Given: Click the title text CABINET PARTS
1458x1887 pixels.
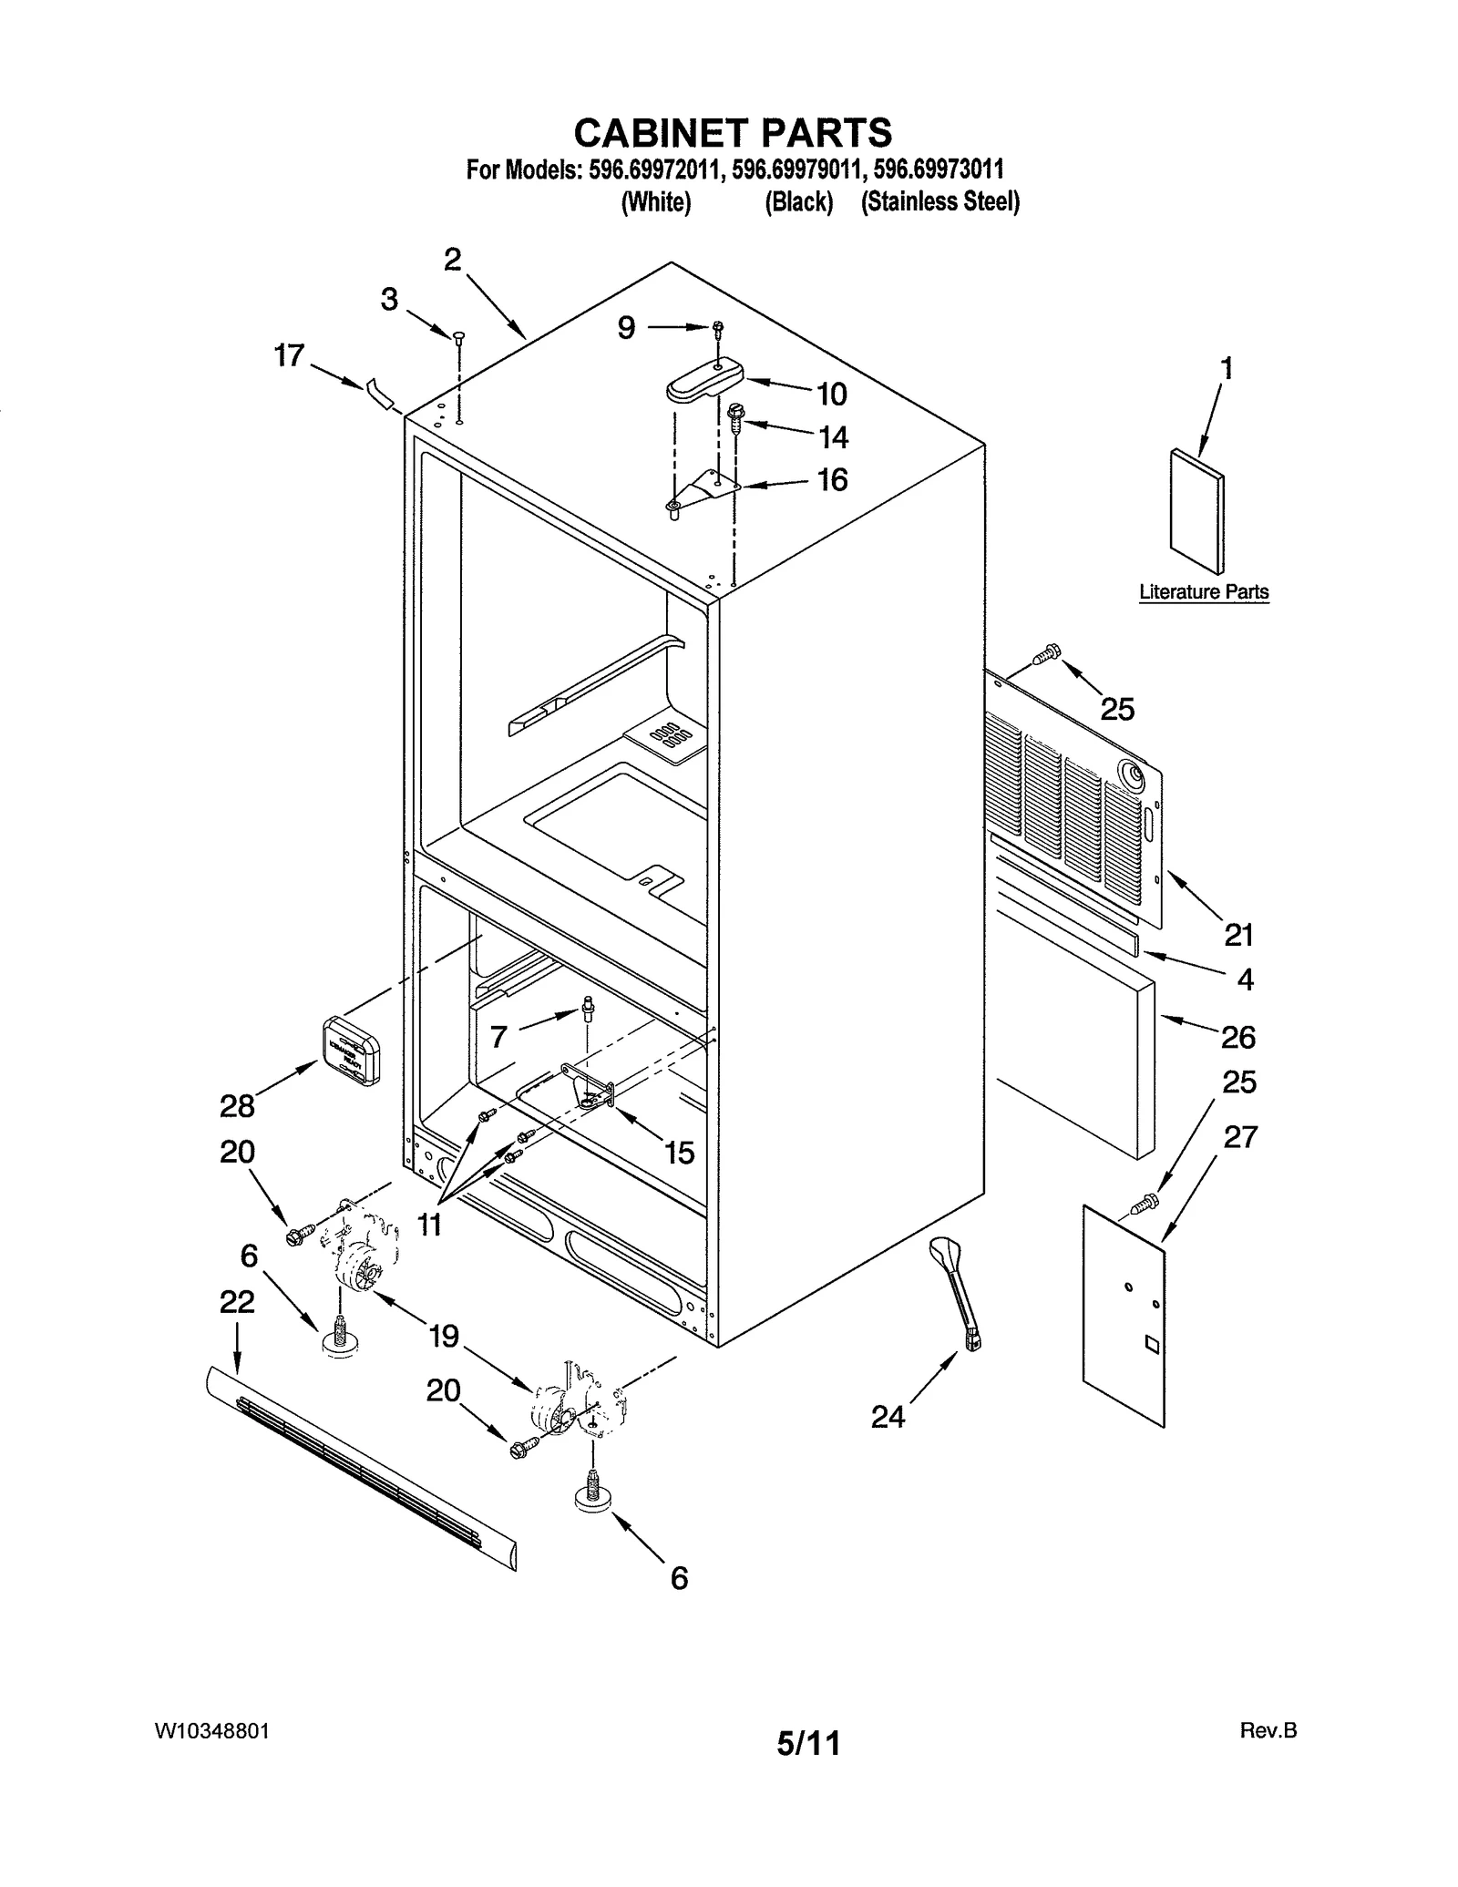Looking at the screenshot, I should (x=733, y=133).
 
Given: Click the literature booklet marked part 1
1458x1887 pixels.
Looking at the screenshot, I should (x=1196, y=512).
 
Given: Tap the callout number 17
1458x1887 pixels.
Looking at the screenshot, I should (x=289, y=355).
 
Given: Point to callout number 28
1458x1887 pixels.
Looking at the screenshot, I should (x=237, y=1106).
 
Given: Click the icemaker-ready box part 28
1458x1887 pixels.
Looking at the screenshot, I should (x=352, y=1051).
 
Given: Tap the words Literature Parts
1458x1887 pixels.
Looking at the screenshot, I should (x=1203, y=591).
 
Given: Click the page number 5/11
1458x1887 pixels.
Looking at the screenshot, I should (x=807, y=1743).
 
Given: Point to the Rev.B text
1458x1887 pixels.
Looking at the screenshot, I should (x=1268, y=1730).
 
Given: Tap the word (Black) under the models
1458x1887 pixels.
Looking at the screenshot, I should (x=798, y=202).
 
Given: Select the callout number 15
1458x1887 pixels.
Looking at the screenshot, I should (x=679, y=1153).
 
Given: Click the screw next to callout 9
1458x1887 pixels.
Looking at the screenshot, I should (x=719, y=327).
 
